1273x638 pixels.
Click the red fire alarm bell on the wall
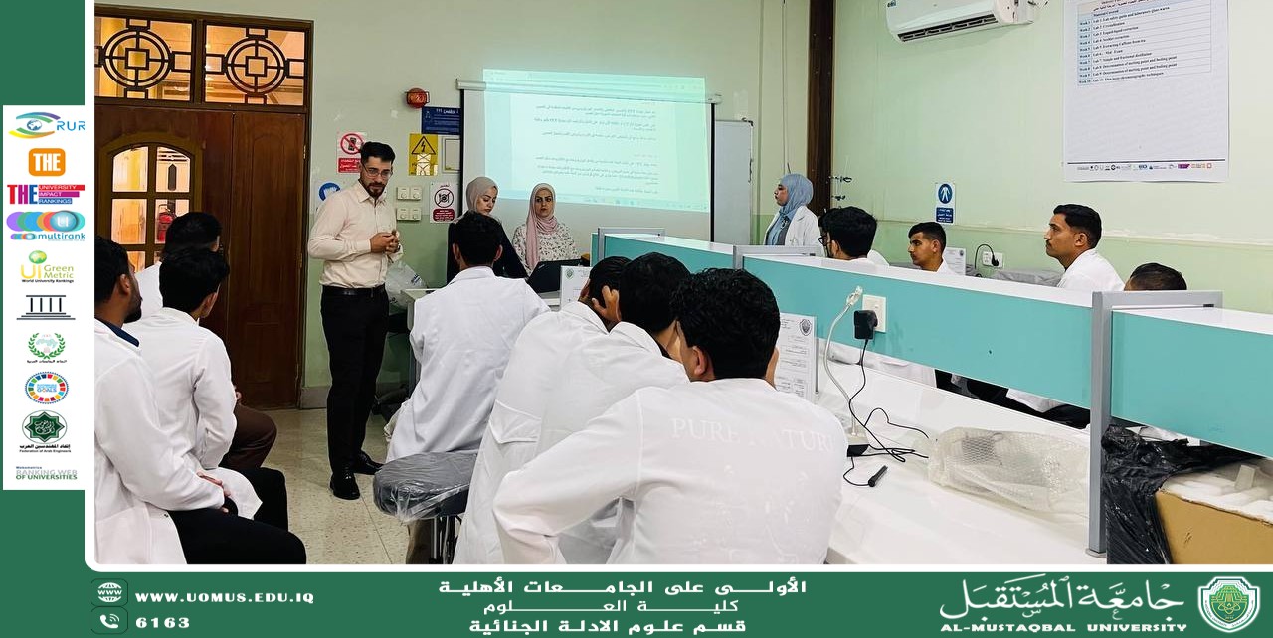417,97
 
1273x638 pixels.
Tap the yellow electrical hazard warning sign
423,153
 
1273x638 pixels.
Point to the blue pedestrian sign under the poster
944,202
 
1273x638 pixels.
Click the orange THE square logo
46,162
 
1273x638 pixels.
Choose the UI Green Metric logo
46,266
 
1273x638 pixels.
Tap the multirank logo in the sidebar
46,225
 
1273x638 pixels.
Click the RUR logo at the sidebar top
46,125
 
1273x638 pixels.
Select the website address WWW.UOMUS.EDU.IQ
224,597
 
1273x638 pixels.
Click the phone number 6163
162,623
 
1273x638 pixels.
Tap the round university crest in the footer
1228,604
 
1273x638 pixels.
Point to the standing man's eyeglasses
377,170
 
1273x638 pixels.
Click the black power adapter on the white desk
865,324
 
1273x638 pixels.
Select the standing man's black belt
353,290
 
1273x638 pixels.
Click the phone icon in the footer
108,621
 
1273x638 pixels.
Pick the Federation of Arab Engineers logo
45,429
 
